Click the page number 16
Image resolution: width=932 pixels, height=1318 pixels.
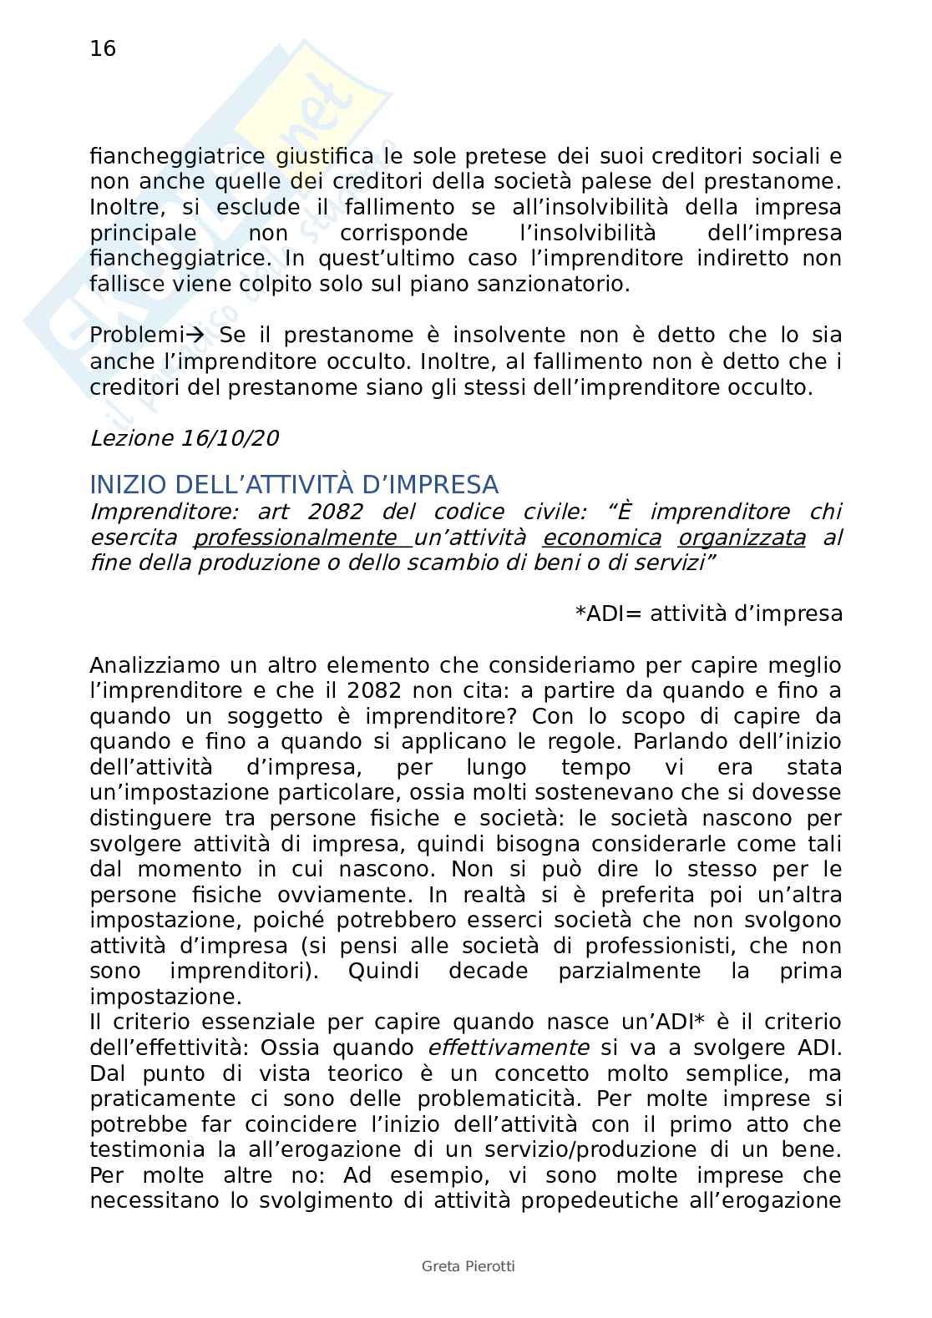coord(103,49)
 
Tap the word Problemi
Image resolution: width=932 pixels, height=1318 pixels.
coord(136,336)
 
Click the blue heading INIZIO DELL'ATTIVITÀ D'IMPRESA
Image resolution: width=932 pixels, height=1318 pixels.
coord(294,485)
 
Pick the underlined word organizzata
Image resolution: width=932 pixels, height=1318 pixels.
coord(742,538)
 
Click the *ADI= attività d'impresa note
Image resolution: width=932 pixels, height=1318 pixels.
coord(708,614)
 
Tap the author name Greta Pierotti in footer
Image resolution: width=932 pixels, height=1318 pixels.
coord(468,1266)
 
